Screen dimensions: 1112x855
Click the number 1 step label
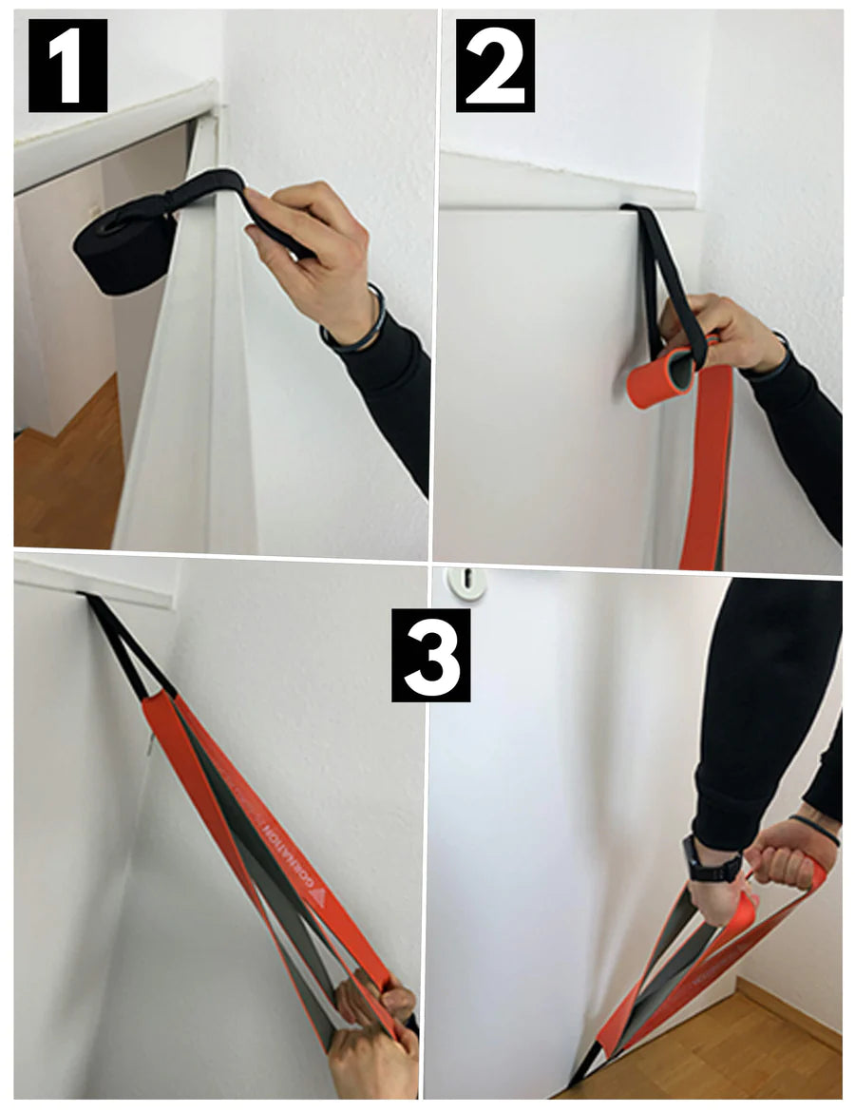pos(67,64)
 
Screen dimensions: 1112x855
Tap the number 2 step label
pos(495,65)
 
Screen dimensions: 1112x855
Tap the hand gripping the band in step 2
pos(722,333)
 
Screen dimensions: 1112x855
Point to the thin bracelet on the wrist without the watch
pos(814,827)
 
